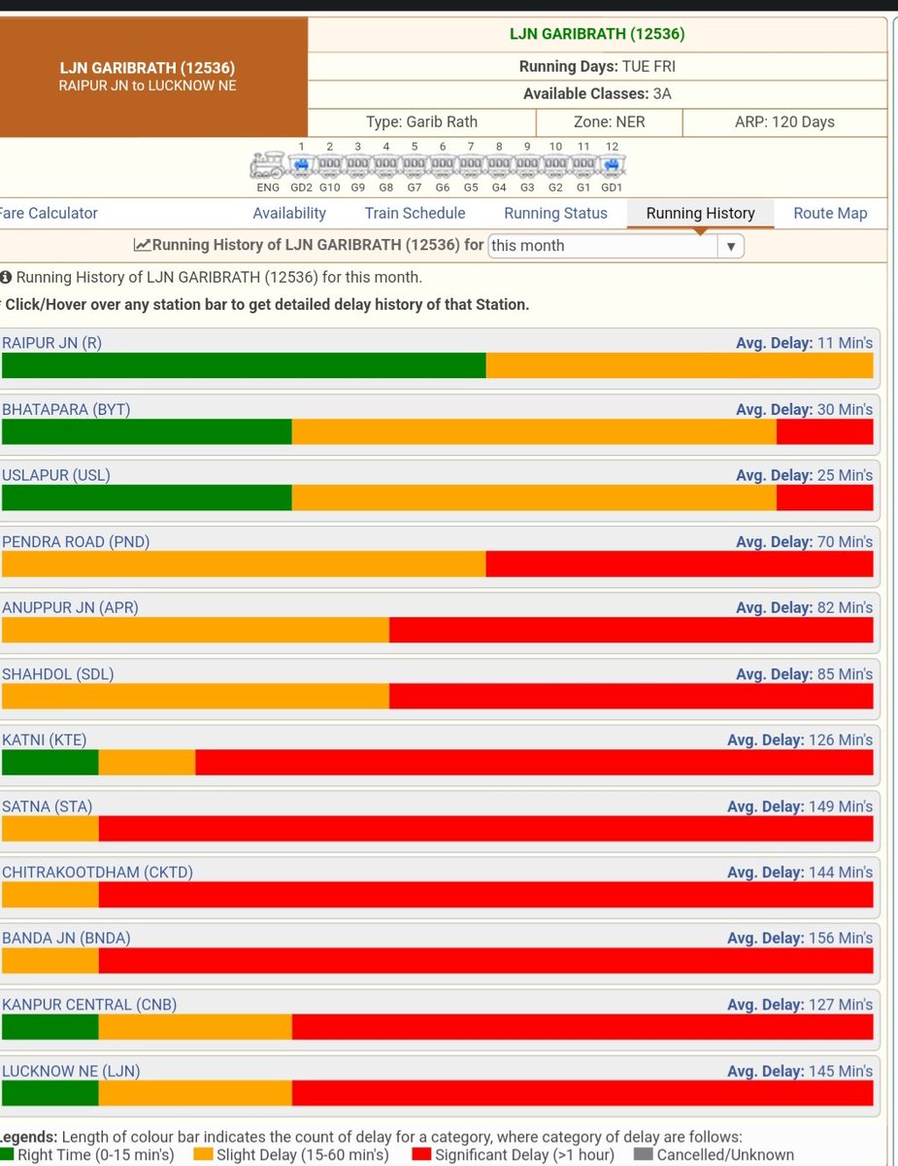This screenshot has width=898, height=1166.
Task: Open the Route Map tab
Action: (830, 213)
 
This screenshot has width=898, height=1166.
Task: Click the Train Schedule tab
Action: (415, 213)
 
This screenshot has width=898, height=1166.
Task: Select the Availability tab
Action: (289, 213)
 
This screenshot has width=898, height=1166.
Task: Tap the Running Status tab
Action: (555, 213)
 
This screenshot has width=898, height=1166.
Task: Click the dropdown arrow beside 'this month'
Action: (730, 246)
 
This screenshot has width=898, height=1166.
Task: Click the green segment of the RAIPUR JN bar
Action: (244, 365)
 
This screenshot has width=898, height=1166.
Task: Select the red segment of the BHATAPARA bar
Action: (824, 431)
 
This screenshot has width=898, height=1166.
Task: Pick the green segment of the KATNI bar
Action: (50, 763)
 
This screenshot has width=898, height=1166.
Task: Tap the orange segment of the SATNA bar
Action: (50, 829)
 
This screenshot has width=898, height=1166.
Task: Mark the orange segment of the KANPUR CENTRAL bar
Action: (195, 1026)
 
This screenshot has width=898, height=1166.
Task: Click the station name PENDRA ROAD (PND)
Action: (76, 541)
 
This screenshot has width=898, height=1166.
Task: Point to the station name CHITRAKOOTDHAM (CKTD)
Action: (98, 872)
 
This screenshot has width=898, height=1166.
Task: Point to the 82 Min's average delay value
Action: (845, 607)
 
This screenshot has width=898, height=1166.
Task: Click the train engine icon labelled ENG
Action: (268, 165)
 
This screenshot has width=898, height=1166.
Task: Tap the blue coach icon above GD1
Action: (612, 165)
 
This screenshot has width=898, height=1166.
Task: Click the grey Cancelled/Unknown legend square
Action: (643, 1153)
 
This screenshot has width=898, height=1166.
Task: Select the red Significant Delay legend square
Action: (421, 1153)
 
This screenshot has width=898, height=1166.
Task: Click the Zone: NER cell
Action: (609, 121)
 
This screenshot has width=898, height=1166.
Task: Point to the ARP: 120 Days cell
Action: (784, 121)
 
